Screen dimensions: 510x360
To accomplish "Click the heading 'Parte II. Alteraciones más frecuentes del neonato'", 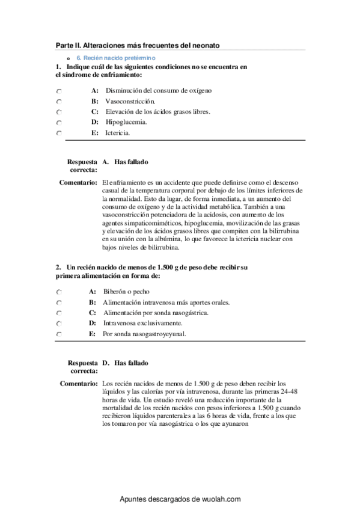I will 138,45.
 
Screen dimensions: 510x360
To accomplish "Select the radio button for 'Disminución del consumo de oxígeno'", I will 58,91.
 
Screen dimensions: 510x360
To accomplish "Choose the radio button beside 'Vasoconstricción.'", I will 58,101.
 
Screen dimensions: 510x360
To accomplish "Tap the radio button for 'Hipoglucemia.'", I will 58,123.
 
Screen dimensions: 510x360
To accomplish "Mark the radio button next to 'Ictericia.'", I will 58,133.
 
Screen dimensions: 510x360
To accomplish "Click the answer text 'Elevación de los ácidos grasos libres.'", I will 157,111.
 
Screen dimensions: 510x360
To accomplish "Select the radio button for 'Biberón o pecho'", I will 58,292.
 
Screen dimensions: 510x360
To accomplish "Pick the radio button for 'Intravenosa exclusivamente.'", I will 58,324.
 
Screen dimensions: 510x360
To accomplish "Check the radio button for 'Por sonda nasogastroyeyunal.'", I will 58,334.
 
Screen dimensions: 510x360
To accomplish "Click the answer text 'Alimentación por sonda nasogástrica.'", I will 156,313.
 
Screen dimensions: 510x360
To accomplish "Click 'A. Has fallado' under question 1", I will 125,162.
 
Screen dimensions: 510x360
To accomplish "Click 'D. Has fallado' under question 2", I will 125,363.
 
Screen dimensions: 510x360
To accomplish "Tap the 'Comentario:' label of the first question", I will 79,182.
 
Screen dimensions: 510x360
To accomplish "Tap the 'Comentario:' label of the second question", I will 79,383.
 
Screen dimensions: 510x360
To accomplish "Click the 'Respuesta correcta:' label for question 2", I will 83,367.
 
